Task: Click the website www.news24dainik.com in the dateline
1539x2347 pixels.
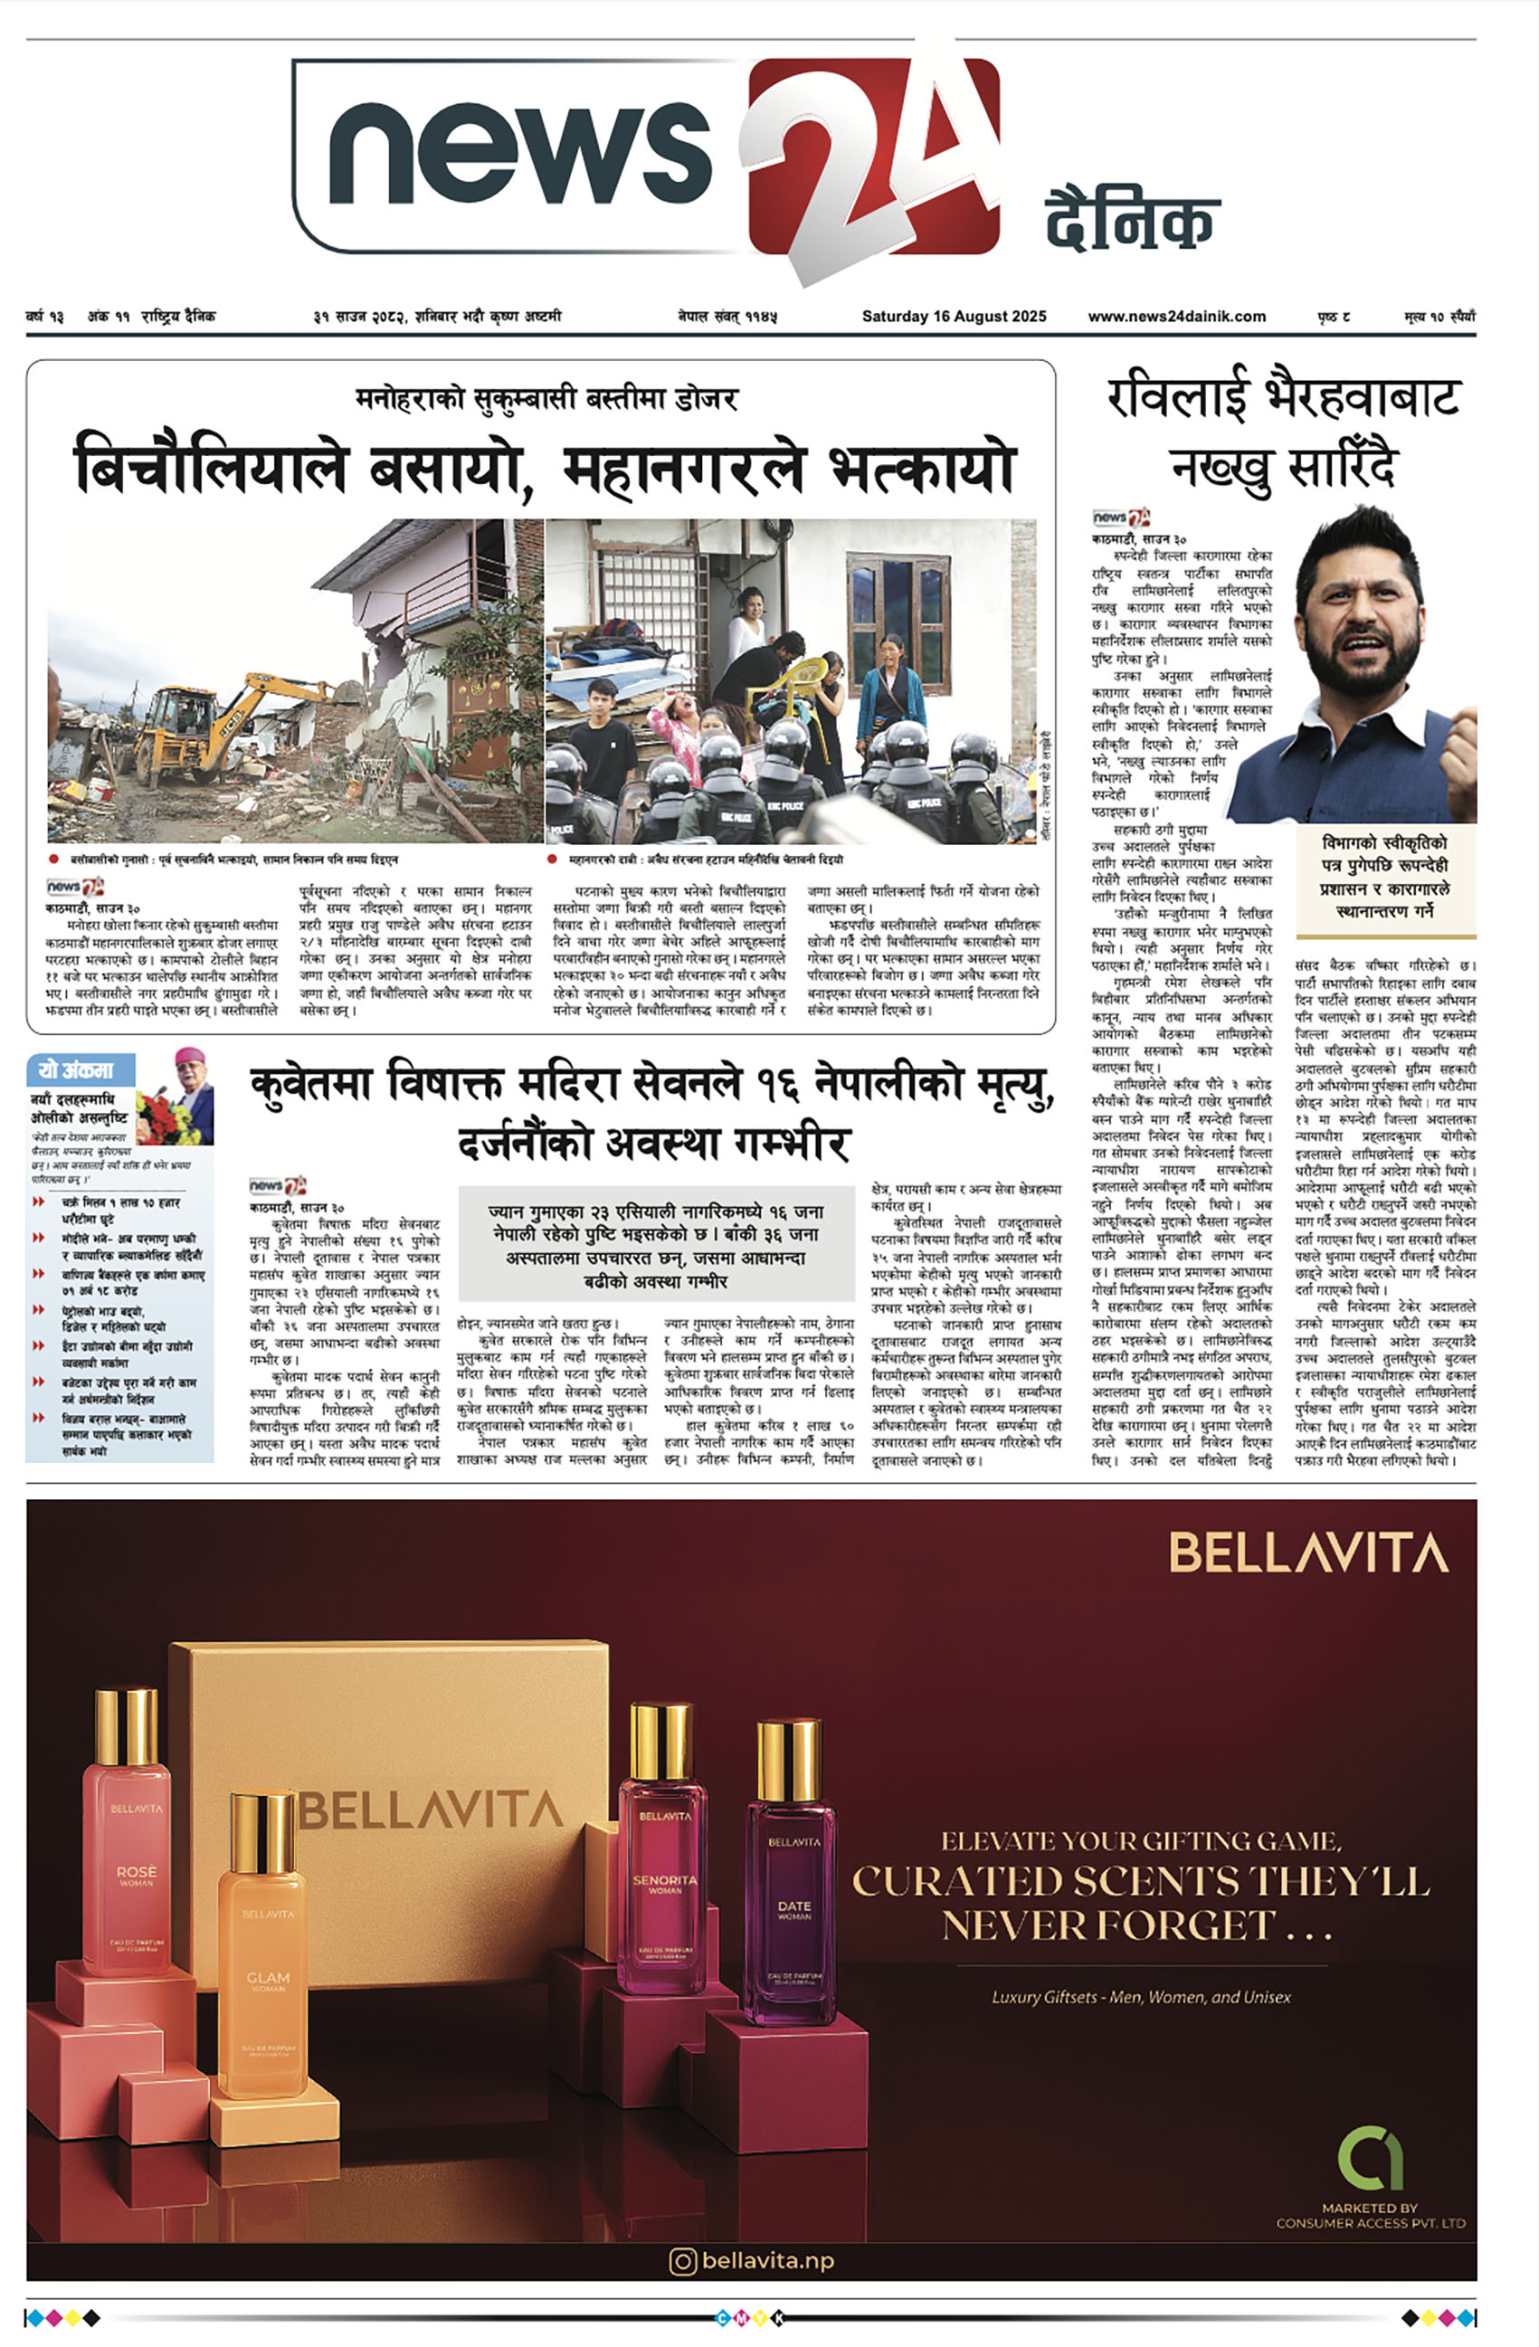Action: [1176, 317]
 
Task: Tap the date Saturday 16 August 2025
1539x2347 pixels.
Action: [954, 317]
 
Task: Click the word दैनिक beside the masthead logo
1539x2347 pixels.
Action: [1132, 222]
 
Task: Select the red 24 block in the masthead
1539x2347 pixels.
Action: [873, 157]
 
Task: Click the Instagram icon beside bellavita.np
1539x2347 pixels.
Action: [682, 2260]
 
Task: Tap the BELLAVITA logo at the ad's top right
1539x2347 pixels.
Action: [1307, 1554]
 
